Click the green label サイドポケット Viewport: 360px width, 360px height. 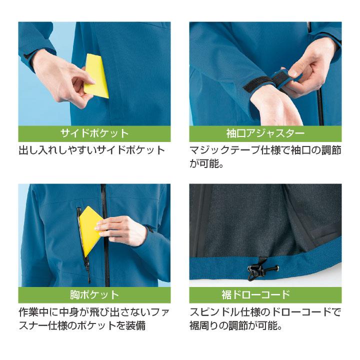(x=94, y=134)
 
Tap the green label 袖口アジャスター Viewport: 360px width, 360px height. (x=265, y=134)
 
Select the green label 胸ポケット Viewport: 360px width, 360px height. (x=94, y=294)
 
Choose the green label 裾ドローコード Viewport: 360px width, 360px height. (x=265, y=294)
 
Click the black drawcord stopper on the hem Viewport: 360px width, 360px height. (x=254, y=270)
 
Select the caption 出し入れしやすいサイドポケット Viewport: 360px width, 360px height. (x=92, y=150)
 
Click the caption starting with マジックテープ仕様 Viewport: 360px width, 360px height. (x=265, y=150)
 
